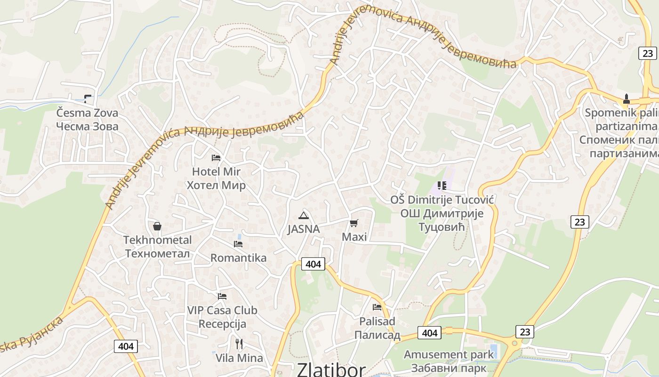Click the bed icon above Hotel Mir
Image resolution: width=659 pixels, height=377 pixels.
[216, 158]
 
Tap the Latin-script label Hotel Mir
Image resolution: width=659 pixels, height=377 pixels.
[216, 172]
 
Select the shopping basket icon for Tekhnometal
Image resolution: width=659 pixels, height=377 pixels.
[157, 226]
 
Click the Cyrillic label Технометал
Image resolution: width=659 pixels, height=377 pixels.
[157, 254]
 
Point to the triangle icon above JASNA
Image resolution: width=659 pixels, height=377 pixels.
[304, 216]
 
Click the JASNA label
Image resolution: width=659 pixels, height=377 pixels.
[304, 229]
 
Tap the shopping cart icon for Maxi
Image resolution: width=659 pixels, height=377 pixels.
[354, 223]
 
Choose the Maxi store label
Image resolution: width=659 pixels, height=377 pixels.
[354, 237]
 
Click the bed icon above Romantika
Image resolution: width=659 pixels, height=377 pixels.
[238, 244]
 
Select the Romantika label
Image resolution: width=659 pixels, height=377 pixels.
[238, 258]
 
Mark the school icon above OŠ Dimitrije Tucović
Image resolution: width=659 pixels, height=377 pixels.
[442, 186]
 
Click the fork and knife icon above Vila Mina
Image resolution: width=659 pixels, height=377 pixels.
[239, 344]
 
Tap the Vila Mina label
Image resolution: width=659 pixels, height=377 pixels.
[239, 358]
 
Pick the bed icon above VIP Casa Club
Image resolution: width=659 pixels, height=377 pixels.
[222, 296]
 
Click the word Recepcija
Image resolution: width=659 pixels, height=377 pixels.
[222, 324]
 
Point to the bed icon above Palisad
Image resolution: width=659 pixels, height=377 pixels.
[377, 307]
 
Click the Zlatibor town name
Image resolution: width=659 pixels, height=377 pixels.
[331, 369]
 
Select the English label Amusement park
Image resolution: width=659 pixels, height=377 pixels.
[449, 354]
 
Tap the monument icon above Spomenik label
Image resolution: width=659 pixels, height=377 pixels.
[627, 99]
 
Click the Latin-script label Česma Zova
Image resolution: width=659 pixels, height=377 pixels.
[87, 113]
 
